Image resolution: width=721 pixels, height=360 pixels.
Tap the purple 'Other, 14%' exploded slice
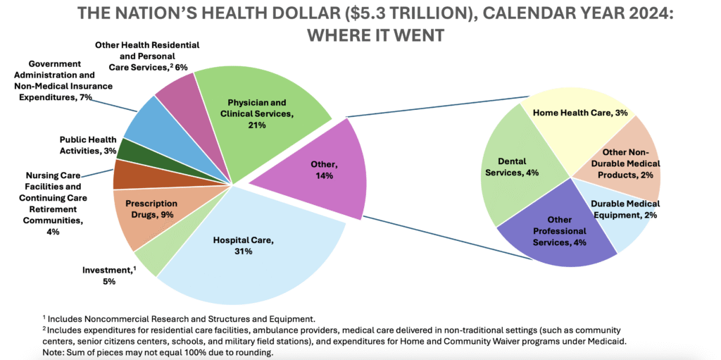click(x=320, y=169)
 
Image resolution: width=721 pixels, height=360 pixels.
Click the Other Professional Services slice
click(x=560, y=232)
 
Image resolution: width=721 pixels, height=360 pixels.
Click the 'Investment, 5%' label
click(x=108, y=275)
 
